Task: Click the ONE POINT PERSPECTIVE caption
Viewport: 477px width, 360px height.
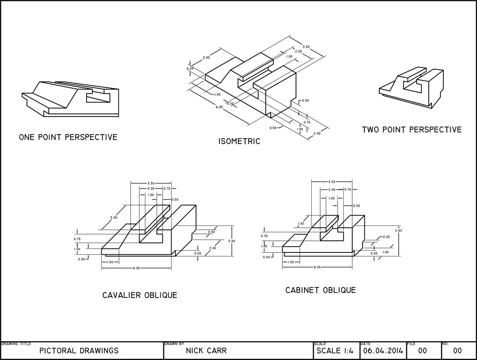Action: point(68,137)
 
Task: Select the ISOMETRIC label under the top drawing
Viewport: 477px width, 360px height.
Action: point(239,141)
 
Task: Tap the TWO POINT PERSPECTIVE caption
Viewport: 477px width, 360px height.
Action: point(412,130)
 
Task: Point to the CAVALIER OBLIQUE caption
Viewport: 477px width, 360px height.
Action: point(140,295)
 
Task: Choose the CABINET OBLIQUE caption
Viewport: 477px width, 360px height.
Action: point(320,290)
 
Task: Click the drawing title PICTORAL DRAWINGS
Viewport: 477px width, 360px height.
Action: point(79,351)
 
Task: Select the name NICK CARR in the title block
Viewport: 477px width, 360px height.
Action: point(206,351)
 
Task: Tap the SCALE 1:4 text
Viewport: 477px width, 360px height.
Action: point(335,351)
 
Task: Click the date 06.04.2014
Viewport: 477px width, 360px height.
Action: point(383,351)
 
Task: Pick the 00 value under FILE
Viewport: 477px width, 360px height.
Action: point(422,351)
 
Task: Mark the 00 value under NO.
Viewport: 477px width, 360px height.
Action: point(457,351)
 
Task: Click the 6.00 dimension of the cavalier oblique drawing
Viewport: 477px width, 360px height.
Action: point(136,268)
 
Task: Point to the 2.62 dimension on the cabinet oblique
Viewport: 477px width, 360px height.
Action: point(399,230)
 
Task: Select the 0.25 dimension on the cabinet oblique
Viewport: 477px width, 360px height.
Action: point(386,237)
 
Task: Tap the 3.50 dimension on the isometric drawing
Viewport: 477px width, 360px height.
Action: point(306,47)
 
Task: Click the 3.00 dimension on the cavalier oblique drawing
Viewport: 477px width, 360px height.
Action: point(114,217)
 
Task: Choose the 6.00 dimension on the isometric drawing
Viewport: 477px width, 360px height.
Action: point(219,107)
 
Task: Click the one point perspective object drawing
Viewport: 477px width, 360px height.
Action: point(70,99)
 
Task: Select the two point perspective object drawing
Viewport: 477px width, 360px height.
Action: point(411,87)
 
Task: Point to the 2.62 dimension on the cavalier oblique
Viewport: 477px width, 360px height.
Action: point(232,241)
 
